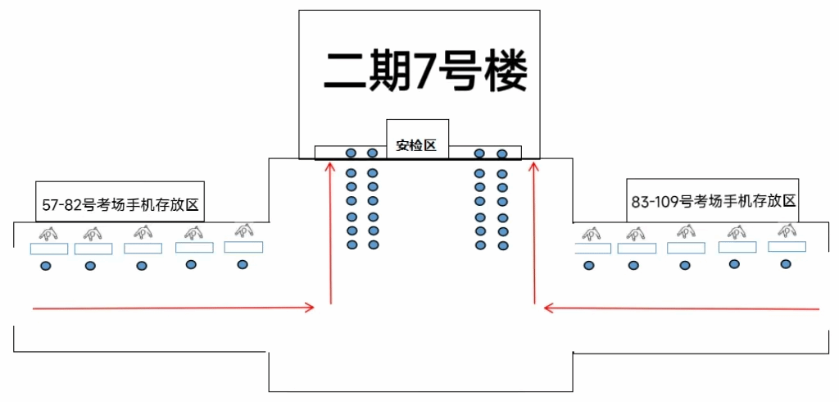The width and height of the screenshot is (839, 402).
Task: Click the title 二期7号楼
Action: (425, 71)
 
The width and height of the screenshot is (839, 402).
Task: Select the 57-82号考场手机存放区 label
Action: (120, 205)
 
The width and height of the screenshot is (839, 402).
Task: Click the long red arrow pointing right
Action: (172, 308)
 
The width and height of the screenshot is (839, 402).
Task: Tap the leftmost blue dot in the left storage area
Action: (46, 265)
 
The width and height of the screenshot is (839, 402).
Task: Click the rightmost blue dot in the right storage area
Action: (786, 263)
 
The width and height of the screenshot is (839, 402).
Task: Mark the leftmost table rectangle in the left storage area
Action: (48, 249)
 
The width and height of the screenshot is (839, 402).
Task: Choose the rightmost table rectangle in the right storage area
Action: (787, 247)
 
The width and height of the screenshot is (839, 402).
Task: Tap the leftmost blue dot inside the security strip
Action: (351, 153)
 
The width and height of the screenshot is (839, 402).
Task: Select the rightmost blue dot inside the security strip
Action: (501, 153)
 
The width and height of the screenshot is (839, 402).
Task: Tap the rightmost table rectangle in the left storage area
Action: (243, 247)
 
